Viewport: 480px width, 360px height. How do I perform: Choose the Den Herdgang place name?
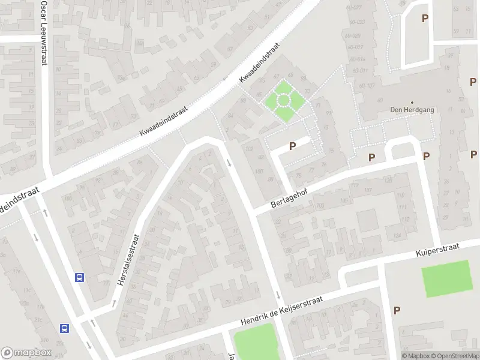[412, 110]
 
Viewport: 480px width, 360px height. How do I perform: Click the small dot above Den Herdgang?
[412, 102]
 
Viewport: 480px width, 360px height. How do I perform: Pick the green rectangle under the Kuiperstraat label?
[447, 278]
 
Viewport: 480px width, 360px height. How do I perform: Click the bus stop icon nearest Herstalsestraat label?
[79, 277]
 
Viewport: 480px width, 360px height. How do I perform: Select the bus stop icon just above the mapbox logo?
[64, 328]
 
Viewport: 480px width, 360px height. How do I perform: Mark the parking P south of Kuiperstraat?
[396, 310]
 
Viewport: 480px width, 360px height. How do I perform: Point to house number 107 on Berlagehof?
[367, 191]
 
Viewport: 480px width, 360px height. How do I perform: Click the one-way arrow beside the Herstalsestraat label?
[113, 303]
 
